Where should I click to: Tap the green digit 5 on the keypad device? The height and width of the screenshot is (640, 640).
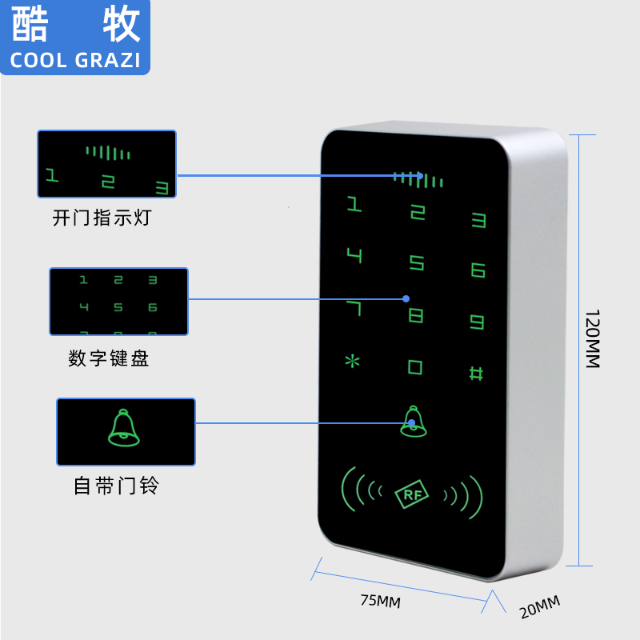pyautogui.click(x=417, y=262)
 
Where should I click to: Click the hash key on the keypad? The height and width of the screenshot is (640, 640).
pyautogui.click(x=476, y=373)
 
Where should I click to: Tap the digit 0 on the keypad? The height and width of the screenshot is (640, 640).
pyautogui.click(x=415, y=367)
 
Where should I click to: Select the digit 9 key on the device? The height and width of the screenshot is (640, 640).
pyautogui.click(x=478, y=322)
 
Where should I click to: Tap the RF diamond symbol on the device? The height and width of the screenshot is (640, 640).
pyautogui.click(x=413, y=495)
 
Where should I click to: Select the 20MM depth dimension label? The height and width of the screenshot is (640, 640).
pyautogui.click(x=540, y=607)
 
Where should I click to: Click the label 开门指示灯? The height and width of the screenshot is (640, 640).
pyautogui.click(x=101, y=218)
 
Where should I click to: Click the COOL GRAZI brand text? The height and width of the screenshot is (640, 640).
pyautogui.click(x=75, y=60)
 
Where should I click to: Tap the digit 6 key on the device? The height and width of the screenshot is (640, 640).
pyautogui.click(x=478, y=270)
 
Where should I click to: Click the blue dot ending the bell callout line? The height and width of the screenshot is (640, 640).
pyautogui.click(x=412, y=422)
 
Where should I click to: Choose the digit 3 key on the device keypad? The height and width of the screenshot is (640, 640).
pyautogui.click(x=478, y=218)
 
